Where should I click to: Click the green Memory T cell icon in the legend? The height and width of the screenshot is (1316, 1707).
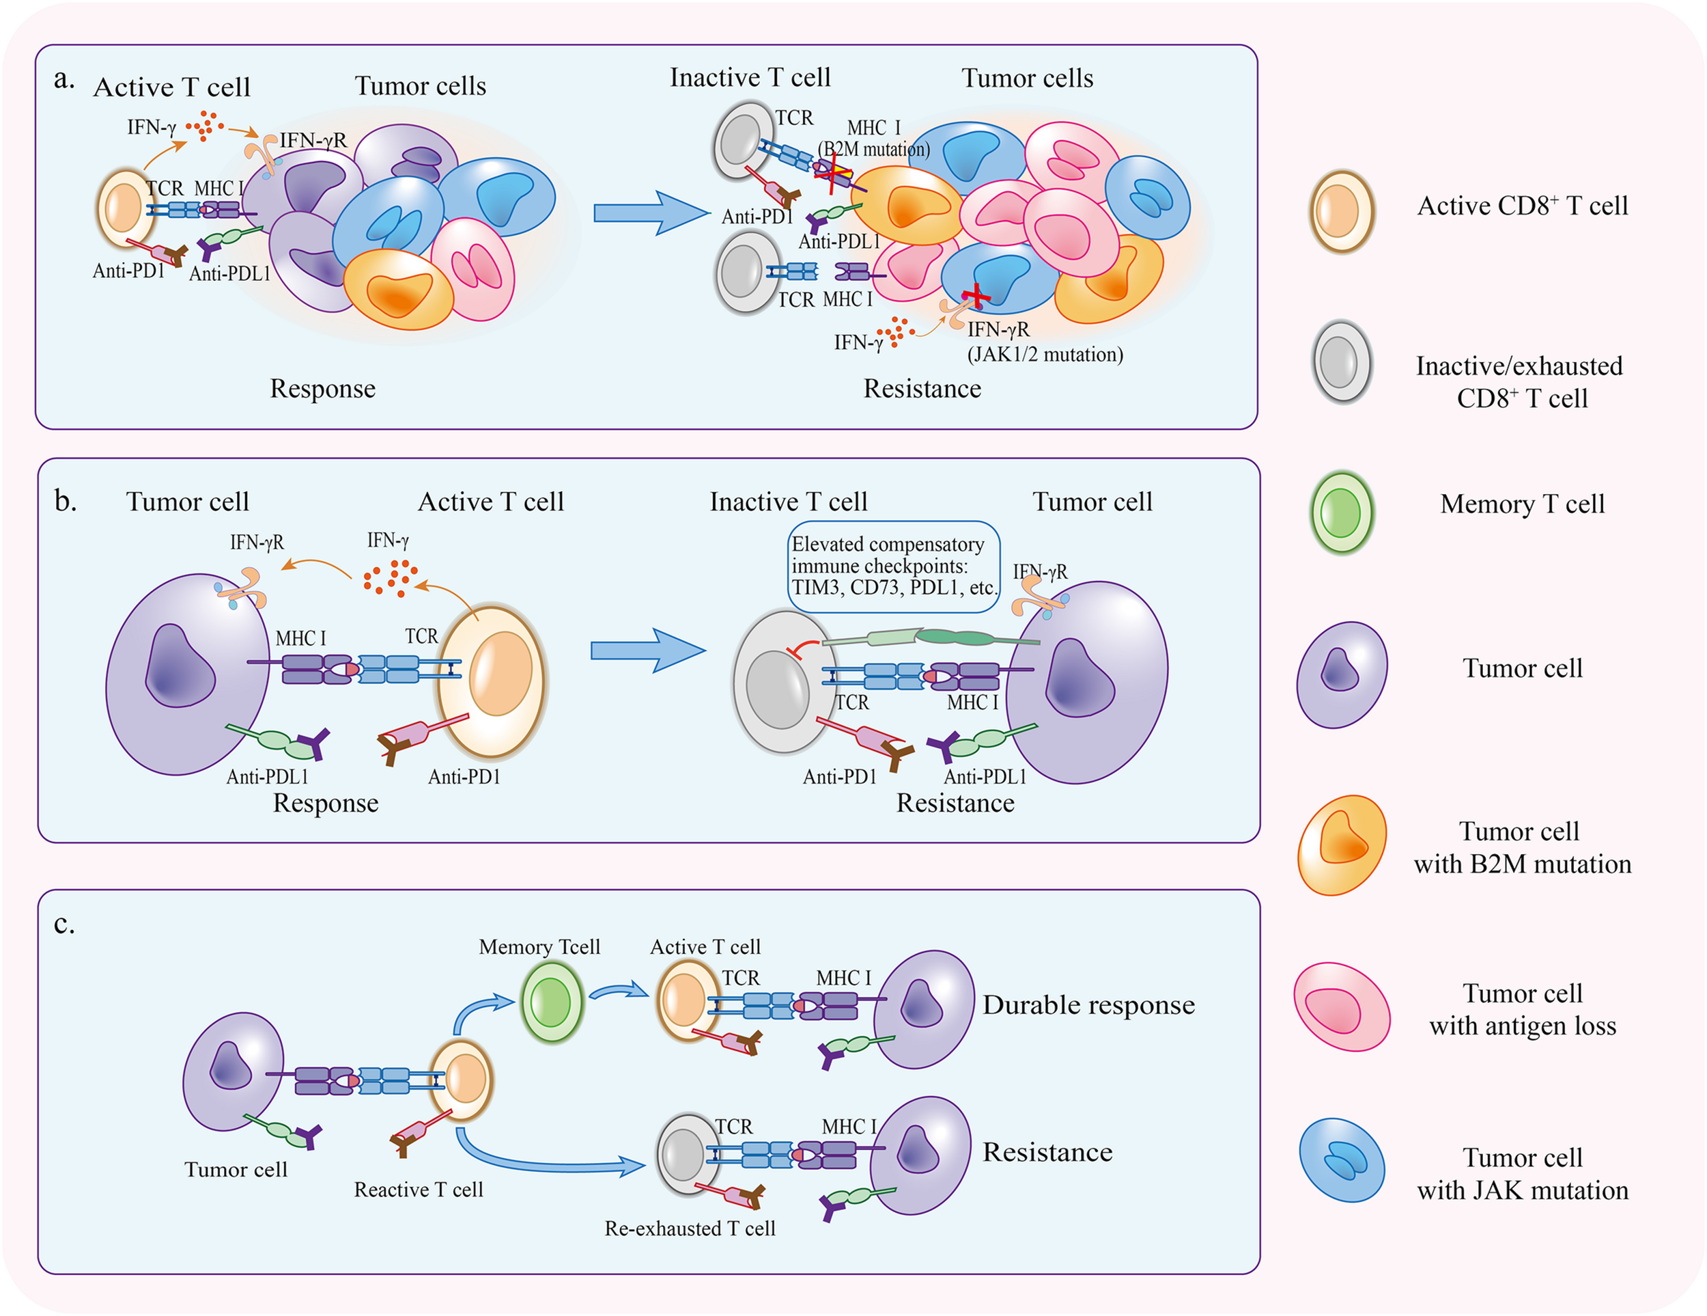coord(1341,513)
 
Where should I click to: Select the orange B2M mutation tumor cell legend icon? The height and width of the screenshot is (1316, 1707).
coord(1341,845)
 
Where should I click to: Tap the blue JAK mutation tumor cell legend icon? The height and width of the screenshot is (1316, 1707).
coord(1341,1160)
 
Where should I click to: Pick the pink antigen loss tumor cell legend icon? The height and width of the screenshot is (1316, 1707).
coord(1341,1006)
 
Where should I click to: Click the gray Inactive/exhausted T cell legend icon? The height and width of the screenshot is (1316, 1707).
coord(1341,361)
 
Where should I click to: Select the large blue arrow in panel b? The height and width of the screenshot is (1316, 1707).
coord(647,650)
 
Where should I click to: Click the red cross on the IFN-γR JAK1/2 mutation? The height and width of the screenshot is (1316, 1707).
coord(976,297)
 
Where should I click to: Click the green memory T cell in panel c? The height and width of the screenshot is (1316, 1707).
coord(552,1002)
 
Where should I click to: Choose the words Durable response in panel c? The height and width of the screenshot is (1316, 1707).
coord(1088,1005)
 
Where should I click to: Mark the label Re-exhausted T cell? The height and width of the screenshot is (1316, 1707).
coord(690,1229)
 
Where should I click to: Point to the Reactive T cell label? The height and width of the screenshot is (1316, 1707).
coord(418,1190)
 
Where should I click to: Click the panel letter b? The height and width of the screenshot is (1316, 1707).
coord(66,500)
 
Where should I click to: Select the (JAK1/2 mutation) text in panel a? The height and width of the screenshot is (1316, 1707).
coord(1045,354)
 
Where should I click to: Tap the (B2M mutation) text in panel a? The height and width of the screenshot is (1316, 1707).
coord(874,148)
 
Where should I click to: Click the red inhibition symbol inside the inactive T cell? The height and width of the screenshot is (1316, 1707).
coord(803,648)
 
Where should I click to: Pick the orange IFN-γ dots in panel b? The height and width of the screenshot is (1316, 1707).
coord(390,578)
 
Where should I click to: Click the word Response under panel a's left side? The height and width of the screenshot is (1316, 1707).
coord(322,389)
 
